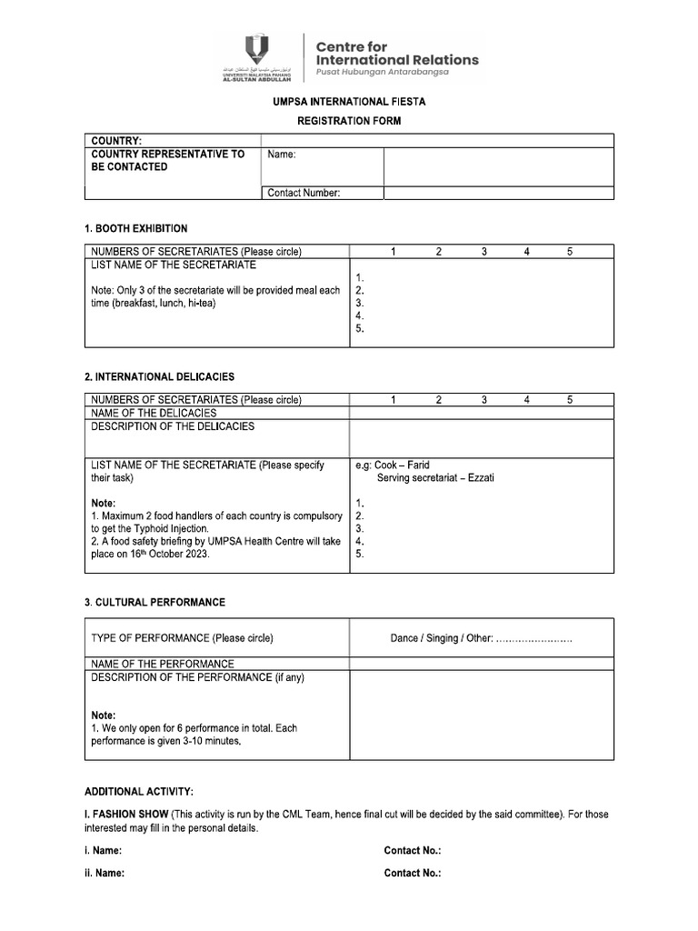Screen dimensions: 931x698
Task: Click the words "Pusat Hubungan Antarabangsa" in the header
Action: (x=382, y=72)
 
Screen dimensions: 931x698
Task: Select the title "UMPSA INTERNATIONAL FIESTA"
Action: (x=349, y=102)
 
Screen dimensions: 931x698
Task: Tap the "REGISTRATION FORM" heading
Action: (x=349, y=121)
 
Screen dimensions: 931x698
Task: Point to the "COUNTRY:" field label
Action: (x=115, y=141)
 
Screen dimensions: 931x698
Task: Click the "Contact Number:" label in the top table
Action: (x=304, y=193)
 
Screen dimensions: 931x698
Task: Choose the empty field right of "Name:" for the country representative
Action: (x=498, y=166)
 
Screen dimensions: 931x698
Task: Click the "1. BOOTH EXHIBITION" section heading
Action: (x=136, y=228)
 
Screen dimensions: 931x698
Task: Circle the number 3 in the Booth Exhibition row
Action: (x=484, y=251)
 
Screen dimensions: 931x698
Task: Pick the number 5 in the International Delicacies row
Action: (x=570, y=399)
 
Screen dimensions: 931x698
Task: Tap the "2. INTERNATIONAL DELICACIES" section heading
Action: (x=159, y=376)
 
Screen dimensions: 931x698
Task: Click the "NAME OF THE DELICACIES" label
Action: (x=154, y=413)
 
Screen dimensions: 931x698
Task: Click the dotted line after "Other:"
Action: (x=534, y=640)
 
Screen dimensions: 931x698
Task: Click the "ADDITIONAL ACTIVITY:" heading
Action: (x=139, y=792)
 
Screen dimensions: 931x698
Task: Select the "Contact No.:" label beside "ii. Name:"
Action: (x=413, y=873)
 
